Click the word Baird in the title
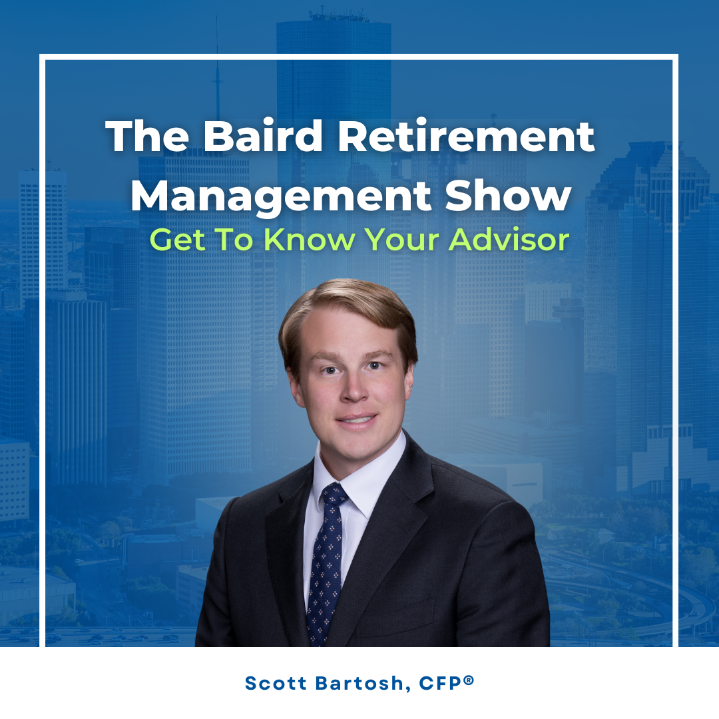(x=263, y=136)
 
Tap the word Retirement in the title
(x=466, y=136)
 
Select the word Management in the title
(x=281, y=197)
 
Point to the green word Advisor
(x=509, y=240)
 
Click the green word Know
(x=310, y=240)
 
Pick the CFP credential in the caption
(x=440, y=683)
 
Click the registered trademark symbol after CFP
(x=468, y=680)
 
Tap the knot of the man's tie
(x=334, y=495)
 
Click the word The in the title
(x=147, y=136)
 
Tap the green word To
(x=234, y=240)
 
